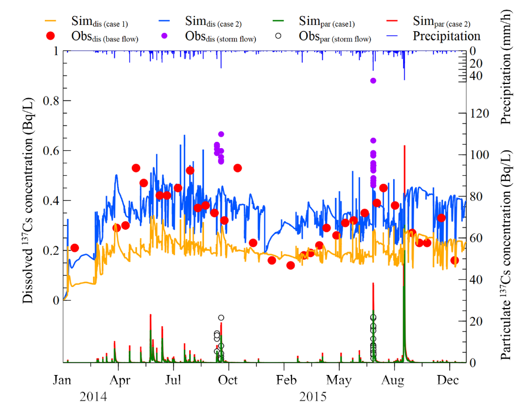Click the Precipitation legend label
coord(446,36)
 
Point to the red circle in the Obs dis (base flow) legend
coord(51,36)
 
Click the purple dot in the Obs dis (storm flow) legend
coord(171,36)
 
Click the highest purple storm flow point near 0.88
coord(373,81)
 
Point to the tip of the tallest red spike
coord(404,146)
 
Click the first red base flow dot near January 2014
coord(74,248)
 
